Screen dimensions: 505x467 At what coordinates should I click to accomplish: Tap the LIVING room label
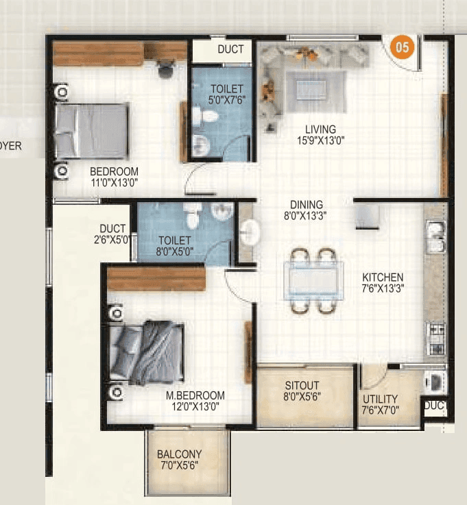pyautogui.click(x=321, y=129)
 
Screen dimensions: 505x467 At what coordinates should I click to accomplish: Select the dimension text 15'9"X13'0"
pyautogui.click(x=321, y=140)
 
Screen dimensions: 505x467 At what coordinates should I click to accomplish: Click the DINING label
pyautogui.click(x=306, y=204)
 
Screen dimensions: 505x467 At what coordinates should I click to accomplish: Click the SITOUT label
pyautogui.click(x=302, y=385)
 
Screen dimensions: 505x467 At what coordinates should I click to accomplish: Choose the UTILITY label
pyautogui.click(x=379, y=399)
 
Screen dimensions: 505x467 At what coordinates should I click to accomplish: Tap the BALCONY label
pyautogui.click(x=179, y=454)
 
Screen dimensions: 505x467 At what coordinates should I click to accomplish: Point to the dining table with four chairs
pyautogui.click(x=313, y=280)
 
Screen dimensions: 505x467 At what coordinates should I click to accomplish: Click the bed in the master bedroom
pyautogui.click(x=147, y=352)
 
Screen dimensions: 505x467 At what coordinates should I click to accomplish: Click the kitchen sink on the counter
pyautogui.click(x=435, y=236)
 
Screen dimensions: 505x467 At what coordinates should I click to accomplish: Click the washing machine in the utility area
pyautogui.click(x=434, y=380)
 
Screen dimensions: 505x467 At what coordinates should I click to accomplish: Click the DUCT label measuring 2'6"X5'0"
pyautogui.click(x=112, y=234)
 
